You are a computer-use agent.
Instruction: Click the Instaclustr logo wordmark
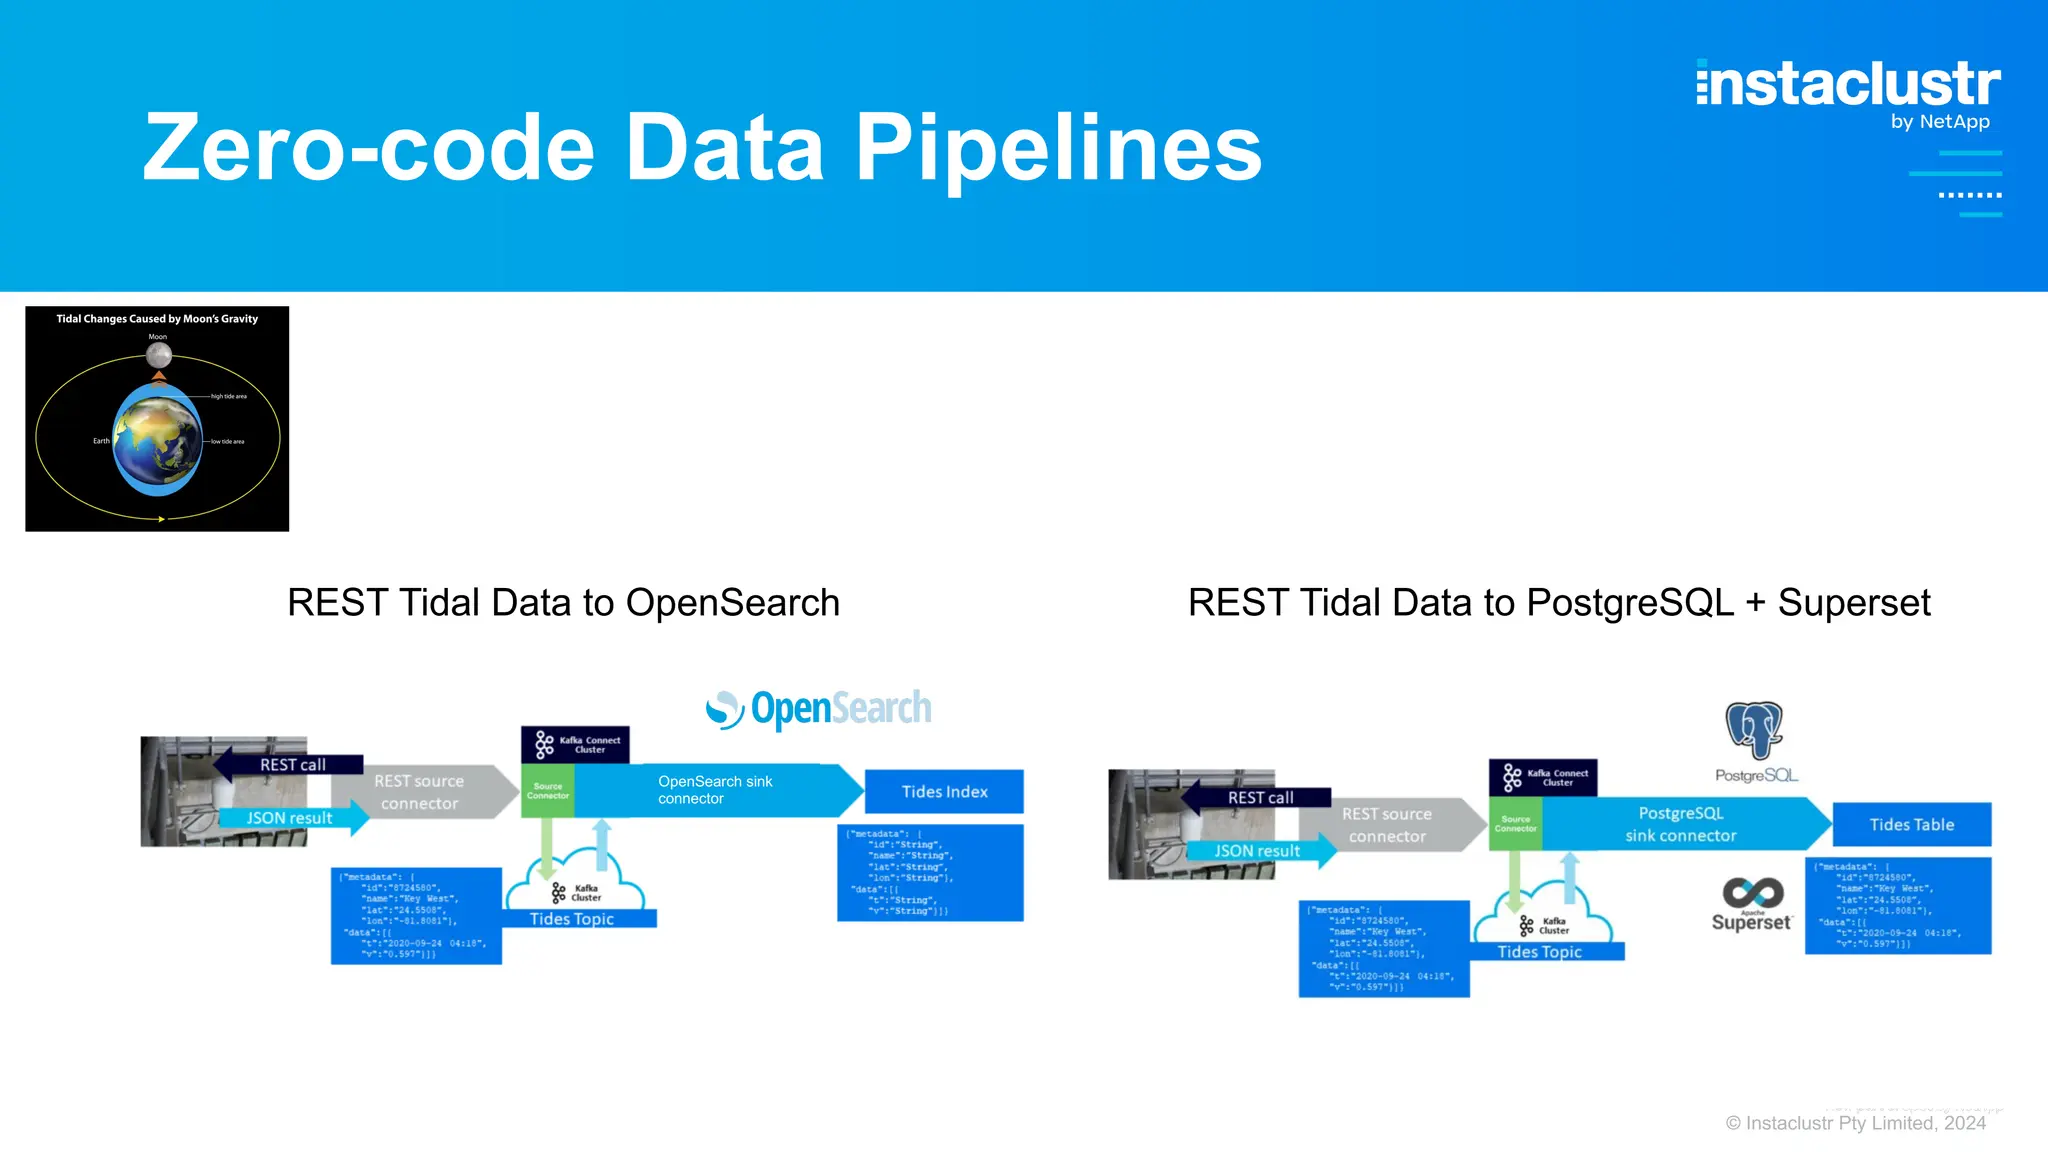1848,84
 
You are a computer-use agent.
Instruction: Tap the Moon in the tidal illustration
159,354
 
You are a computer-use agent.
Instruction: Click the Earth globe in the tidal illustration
158,440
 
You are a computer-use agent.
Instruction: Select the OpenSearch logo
818,709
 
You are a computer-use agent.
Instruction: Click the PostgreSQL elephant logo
1755,731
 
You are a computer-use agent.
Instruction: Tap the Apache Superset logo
1752,903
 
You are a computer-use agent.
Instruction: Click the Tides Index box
944,792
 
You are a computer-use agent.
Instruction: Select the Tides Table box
1911,825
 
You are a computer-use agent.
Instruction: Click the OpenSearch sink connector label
715,790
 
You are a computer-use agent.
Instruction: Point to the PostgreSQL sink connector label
1680,824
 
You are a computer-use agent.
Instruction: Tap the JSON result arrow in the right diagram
1258,851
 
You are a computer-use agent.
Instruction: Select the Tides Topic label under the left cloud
573,919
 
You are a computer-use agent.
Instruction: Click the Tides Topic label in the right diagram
1540,952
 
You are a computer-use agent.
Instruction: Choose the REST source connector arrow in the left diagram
420,792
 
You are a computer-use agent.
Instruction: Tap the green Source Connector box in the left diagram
548,791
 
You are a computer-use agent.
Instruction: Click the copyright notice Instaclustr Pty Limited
1855,1123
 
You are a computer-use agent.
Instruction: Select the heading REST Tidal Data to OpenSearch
563,603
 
